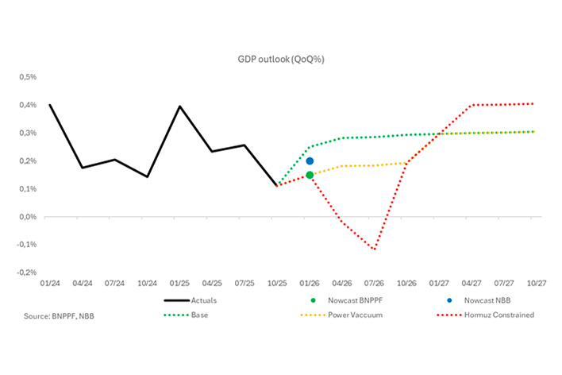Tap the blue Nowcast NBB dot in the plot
click(x=310, y=160)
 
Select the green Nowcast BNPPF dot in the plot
click(x=310, y=175)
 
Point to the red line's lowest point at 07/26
click(x=374, y=249)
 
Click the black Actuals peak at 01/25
click(x=180, y=106)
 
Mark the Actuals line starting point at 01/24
click(x=50, y=105)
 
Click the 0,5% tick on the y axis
click(x=29, y=77)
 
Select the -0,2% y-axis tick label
click(x=27, y=272)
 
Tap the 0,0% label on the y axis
click(x=29, y=216)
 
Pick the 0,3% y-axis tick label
click(x=29, y=133)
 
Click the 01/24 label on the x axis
click(x=50, y=282)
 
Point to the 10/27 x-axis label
click(x=537, y=282)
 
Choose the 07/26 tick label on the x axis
click(x=374, y=282)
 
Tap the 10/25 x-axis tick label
click(x=277, y=282)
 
